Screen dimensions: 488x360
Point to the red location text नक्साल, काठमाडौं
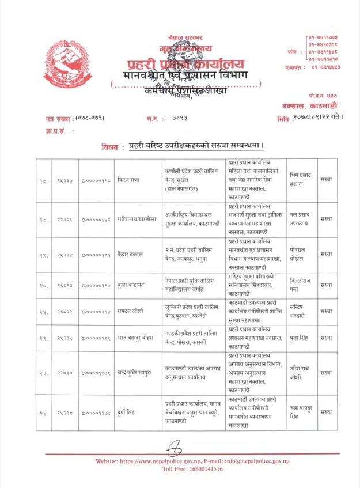point(319,107)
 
